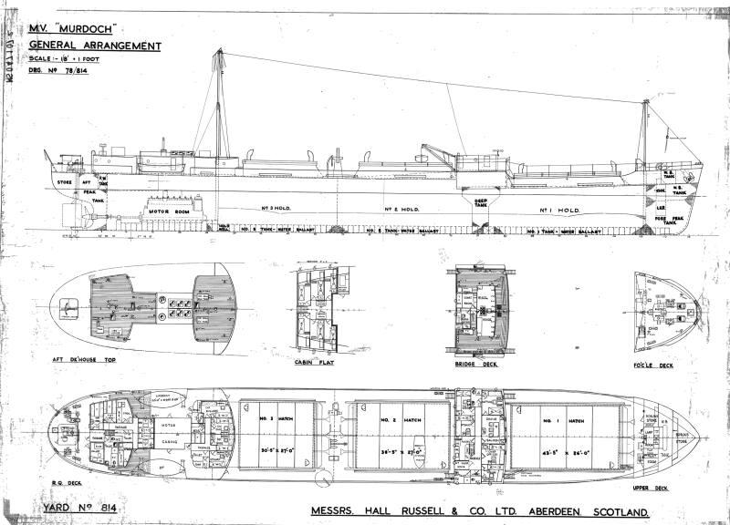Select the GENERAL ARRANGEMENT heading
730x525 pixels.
click(95, 46)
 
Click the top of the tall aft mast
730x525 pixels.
click(217, 53)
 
